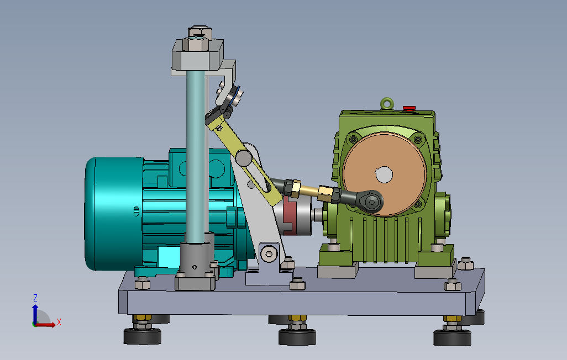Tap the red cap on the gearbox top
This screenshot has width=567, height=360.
click(x=410, y=108)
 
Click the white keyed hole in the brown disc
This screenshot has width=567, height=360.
click(x=384, y=174)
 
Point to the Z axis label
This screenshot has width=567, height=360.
click(x=35, y=298)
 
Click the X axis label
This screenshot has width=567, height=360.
click(x=59, y=322)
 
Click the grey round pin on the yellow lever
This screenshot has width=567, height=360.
click(x=244, y=158)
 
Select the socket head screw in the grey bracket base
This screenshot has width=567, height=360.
click(x=269, y=253)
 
